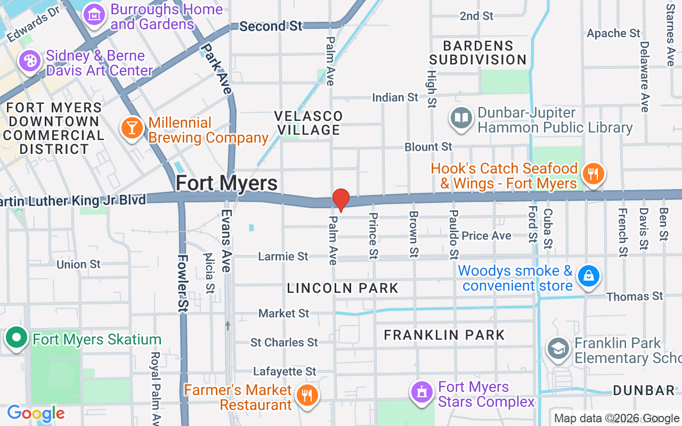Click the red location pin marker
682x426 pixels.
[x=341, y=200]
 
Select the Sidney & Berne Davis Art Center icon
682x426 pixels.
[x=29, y=61]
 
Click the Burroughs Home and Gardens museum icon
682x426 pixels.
[x=94, y=15]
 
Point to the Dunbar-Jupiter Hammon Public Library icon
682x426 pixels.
[x=461, y=119]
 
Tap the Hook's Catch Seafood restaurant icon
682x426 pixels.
[x=592, y=174]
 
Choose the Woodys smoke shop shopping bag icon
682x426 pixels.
[x=589, y=276]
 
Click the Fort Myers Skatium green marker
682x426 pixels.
[x=17, y=338]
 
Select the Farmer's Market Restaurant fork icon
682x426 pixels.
[x=307, y=396]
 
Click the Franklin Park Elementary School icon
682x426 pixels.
[x=558, y=349]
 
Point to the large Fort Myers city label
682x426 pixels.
[x=226, y=183]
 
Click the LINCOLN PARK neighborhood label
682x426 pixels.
[x=343, y=289]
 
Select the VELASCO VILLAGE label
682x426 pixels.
[x=308, y=123]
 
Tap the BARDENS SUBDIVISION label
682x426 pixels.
[x=478, y=53]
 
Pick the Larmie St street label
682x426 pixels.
[x=283, y=257]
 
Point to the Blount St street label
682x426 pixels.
[x=428, y=147]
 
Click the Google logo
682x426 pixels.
[x=36, y=414]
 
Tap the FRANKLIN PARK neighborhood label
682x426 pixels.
[x=444, y=335]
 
